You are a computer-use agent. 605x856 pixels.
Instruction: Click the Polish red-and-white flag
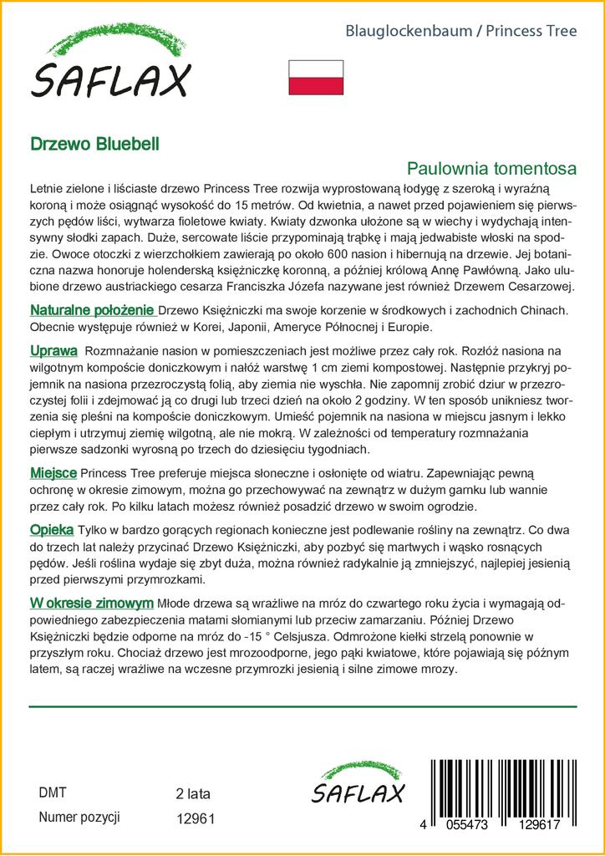tap(316, 77)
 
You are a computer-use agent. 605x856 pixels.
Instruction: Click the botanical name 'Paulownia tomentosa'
tap(492, 167)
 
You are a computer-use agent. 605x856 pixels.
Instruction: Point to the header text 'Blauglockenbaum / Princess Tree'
tap(461, 32)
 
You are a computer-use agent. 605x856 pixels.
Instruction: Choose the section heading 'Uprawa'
tap(53, 350)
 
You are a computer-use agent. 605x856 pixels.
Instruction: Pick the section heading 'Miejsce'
tap(54, 474)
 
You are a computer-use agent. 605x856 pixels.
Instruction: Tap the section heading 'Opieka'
tap(52, 530)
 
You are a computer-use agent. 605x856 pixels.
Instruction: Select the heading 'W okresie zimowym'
tap(91, 603)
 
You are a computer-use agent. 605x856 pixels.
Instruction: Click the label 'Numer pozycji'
tap(79, 817)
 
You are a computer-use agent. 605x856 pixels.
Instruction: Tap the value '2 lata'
tap(193, 793)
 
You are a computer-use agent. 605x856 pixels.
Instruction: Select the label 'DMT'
tap(53, 792)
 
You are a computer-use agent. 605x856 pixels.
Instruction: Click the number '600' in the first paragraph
tap(351, 254)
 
